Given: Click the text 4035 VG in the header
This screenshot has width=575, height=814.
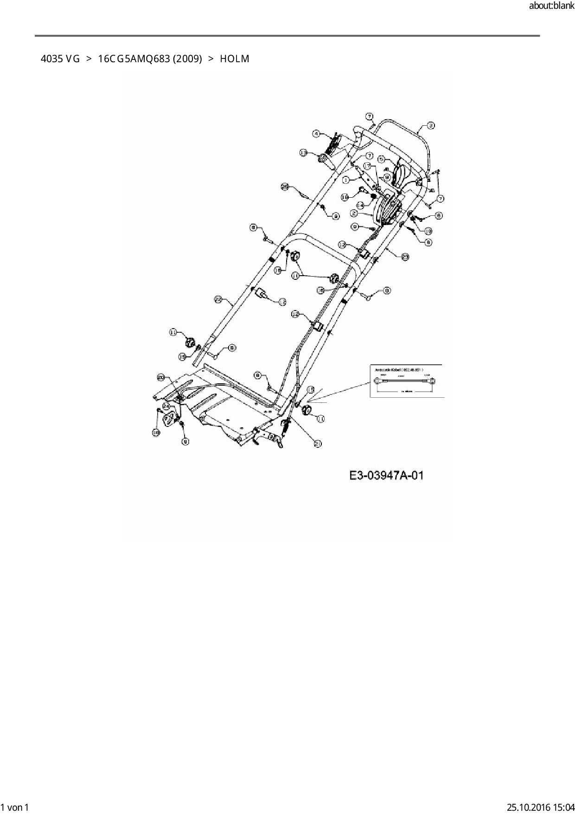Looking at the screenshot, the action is coord(60,59).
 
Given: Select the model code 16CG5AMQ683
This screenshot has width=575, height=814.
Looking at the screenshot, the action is coord(134,59).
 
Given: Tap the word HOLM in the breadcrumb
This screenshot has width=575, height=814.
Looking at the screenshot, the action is coord(235,59).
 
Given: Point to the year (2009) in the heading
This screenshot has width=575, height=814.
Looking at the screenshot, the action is coord(187,59).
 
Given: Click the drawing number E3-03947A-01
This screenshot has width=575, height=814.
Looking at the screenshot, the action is coord(386,476).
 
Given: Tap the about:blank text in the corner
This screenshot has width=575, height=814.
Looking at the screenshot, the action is coord(551,6).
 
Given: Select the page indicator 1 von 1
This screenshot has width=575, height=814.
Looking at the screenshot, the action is coord(14,807).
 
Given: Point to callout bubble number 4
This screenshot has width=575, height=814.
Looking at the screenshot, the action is coord(317,134).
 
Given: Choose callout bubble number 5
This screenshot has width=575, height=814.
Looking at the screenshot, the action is coord(382,159).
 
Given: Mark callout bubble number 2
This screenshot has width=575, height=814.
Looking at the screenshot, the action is coord(354,213).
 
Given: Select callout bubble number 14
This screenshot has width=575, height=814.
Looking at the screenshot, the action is coord(360,205).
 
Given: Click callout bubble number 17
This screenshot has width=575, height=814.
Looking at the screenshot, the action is coord(367,166).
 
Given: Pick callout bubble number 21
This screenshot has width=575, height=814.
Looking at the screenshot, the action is coord(318,444).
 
